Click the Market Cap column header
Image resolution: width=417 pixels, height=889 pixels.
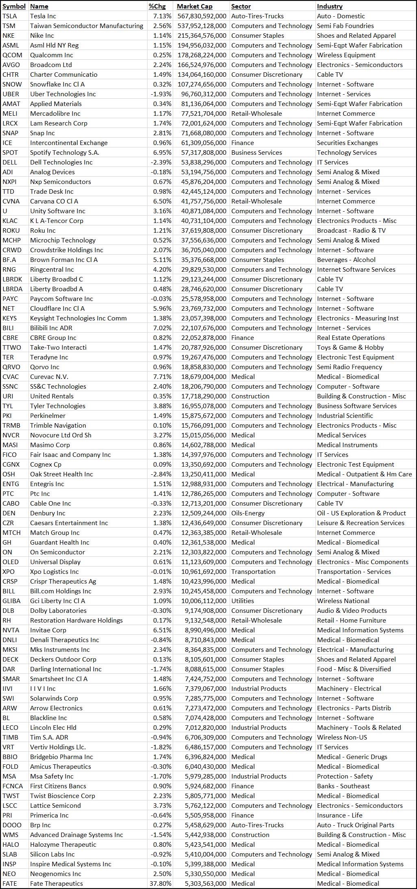tap(194, 6)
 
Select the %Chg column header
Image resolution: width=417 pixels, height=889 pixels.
tap(157, 6)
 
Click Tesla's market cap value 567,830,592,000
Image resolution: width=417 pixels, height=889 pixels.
tap(202, 16)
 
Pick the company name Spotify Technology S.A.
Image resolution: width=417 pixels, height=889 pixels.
tap(64, 152)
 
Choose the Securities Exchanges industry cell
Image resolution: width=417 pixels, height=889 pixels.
tap(347, 143)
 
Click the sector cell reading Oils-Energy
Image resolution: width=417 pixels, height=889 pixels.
tap(248, 513)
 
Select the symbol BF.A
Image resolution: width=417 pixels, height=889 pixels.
tap(10, 260)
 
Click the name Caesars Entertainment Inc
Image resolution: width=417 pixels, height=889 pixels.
tap(69, 523)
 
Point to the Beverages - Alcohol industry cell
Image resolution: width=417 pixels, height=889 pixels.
tap(346, 260)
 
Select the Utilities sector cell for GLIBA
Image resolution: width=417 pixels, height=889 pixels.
tap(242, 601)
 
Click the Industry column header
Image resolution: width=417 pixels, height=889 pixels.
tap(329, 6)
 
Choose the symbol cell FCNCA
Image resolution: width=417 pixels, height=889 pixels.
tap(13, 786)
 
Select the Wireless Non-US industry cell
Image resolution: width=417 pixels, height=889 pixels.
tap(342, 737)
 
